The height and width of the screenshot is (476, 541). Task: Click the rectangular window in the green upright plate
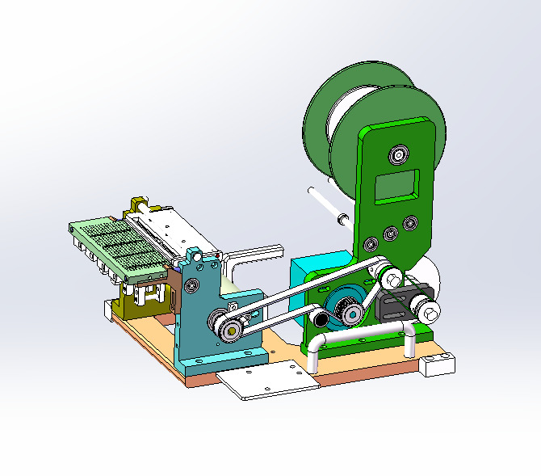click(x=396, y=186)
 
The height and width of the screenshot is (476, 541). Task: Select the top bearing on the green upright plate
click(x=399, y=153)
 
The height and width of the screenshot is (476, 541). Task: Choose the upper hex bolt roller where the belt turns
click(x=392, y=279)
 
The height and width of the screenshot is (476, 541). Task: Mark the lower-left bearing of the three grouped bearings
click(x=371, y=243)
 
